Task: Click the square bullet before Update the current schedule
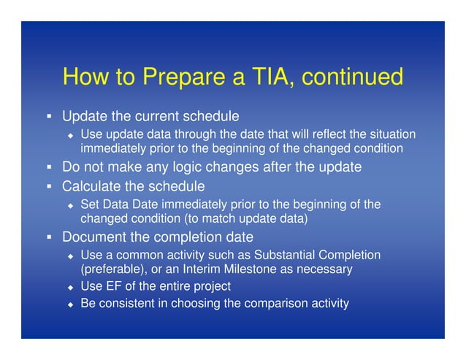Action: [47, 117]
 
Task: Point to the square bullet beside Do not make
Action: [47, 167]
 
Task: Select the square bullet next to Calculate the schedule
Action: [47, 186]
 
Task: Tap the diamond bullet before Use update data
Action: [70, 134]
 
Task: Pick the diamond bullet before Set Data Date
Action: [70, 205]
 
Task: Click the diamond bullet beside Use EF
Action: [70, 286]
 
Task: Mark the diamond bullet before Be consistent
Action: [70, 304]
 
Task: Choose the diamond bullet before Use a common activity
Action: [70, 256]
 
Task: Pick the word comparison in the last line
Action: [272, 303]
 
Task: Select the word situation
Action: [391, 134]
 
